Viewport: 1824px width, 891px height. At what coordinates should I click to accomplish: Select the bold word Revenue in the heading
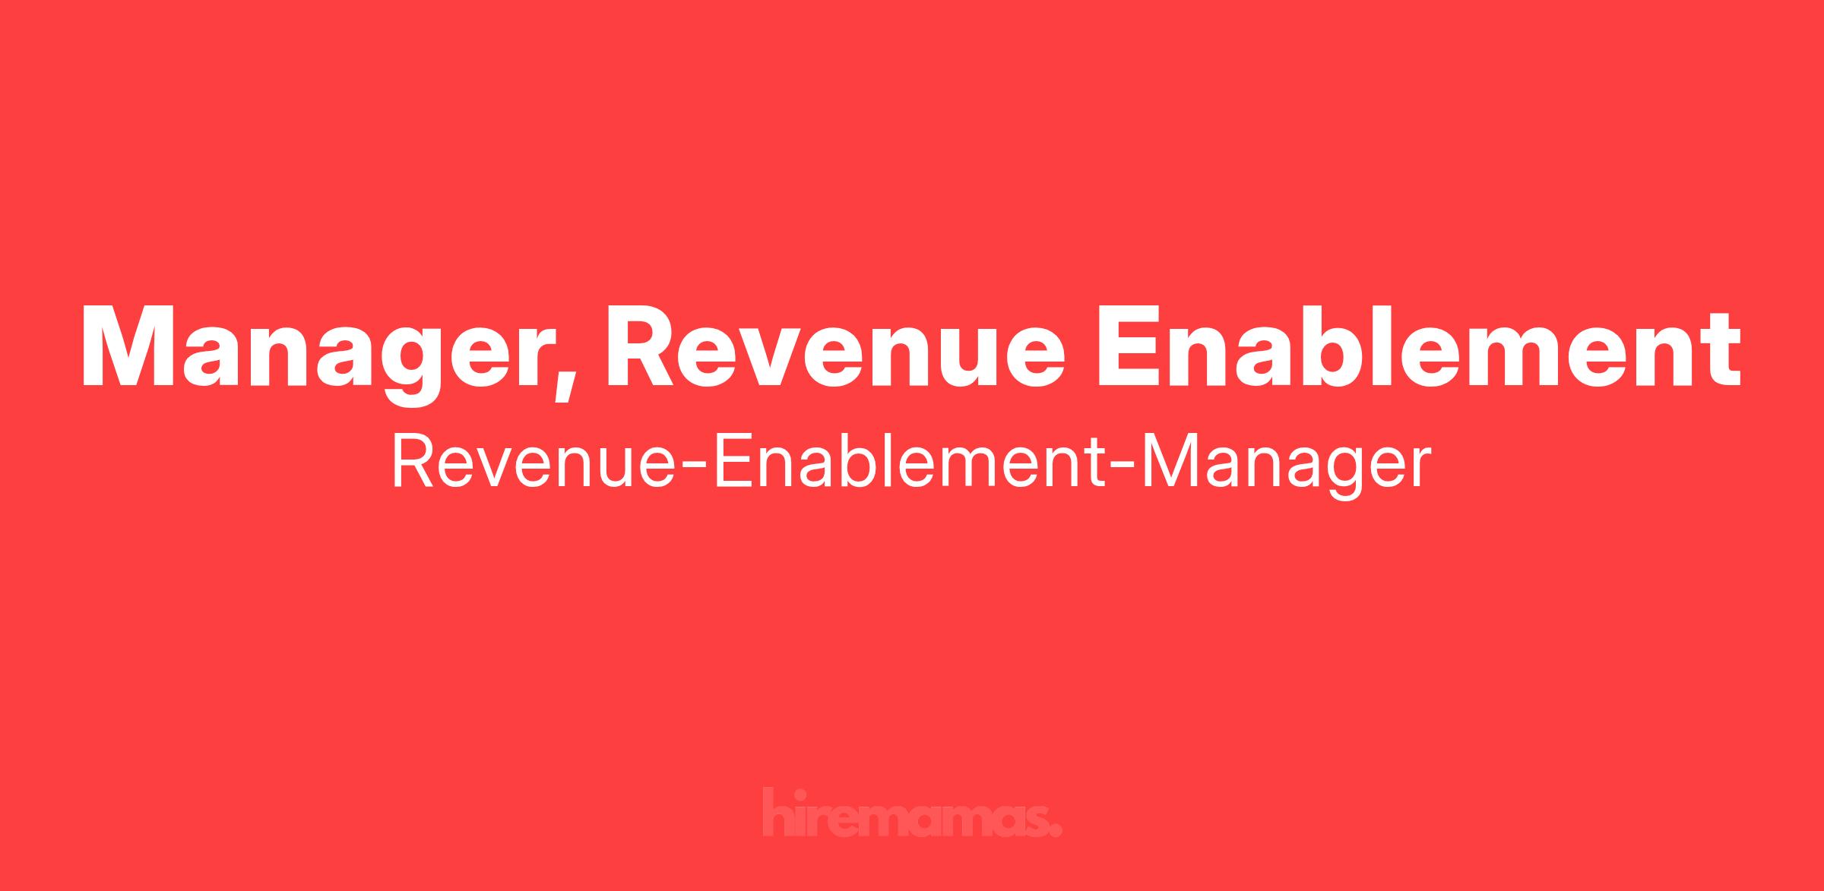click(x=834, y=346)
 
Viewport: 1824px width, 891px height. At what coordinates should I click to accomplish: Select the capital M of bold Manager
click(x=129, y=346)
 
